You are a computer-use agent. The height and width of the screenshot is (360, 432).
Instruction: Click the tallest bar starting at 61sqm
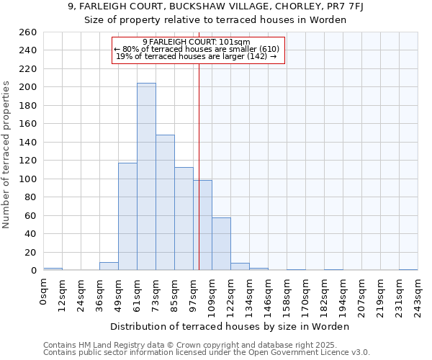[146, 176]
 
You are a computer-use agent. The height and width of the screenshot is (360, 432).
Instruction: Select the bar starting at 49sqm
[127, 216]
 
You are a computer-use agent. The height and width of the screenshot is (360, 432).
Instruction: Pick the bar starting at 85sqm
[184, 219]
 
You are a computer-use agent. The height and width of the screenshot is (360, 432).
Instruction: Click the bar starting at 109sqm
[221, 243]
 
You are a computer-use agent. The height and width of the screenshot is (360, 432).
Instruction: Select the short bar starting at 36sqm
[109, 266]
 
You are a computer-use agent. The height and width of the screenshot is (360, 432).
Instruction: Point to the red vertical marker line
[199, 166]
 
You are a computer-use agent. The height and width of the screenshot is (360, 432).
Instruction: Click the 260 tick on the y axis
[27, 32]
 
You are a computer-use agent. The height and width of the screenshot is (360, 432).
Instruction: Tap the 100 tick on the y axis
[27, 179]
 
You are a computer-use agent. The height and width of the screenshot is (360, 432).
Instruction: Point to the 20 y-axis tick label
[30, 253]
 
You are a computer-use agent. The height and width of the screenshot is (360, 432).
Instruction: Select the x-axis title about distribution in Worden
[230, 326]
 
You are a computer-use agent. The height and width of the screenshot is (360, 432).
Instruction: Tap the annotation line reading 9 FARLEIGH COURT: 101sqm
[199, 42]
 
